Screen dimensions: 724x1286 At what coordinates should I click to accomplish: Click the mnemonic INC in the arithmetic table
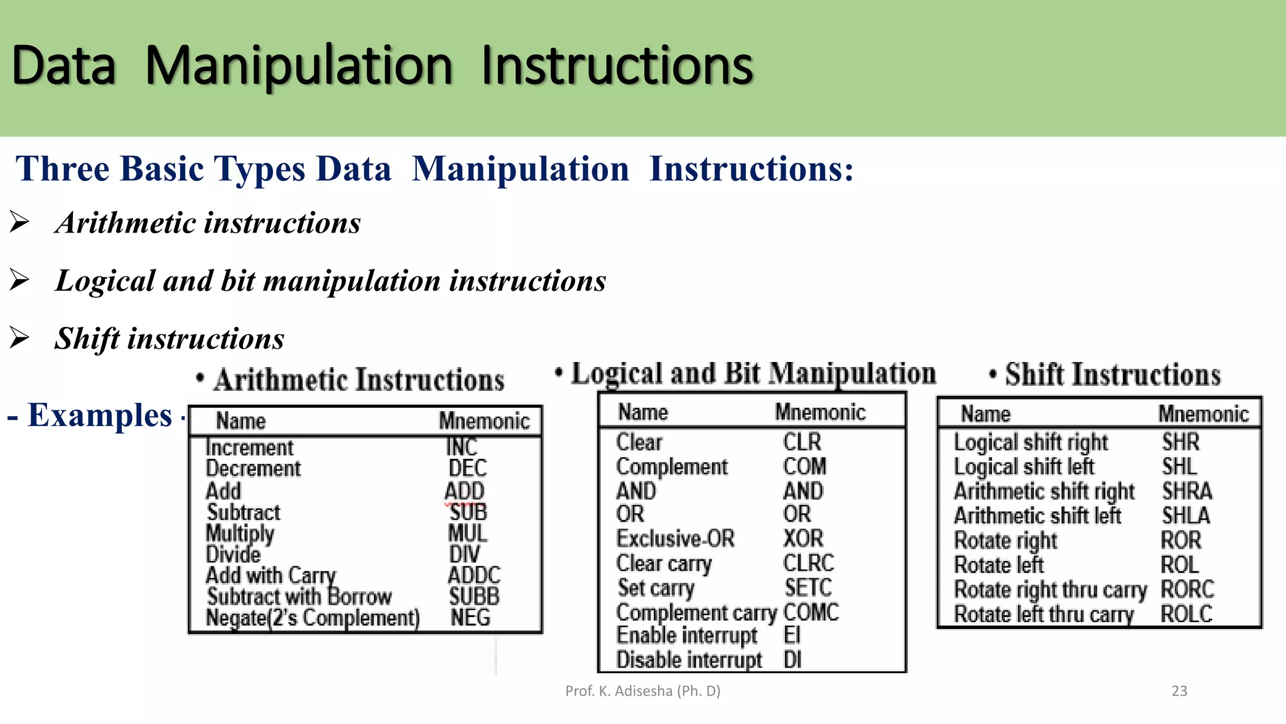462,447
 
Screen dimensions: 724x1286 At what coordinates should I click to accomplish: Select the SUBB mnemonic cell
474,596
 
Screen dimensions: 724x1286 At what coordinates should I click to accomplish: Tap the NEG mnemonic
470,617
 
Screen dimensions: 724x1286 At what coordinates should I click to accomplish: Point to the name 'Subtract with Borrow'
299,596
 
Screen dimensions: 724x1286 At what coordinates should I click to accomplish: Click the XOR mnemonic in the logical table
803,539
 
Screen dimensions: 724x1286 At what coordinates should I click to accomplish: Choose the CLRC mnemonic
808,562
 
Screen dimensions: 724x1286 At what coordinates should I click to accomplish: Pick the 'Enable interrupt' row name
687,635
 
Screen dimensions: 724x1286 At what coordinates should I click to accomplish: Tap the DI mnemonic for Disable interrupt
792,660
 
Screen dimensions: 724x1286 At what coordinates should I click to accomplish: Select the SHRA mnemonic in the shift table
1187,491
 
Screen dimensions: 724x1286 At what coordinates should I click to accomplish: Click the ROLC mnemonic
1186,614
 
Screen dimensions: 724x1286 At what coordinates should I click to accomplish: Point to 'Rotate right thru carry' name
1050,590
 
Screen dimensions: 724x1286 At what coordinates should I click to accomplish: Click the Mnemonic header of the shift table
1203,414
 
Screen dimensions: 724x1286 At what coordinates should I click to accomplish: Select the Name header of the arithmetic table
240,420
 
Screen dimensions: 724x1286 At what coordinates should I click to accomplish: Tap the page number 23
1179,691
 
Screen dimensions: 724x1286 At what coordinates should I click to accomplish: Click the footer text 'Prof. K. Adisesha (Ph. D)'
642,691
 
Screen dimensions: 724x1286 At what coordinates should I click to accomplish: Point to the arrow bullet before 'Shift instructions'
19,337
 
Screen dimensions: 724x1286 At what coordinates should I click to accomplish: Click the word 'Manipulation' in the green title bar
299,65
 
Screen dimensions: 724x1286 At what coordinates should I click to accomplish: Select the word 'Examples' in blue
100,415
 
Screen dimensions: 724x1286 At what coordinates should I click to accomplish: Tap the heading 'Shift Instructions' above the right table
1112,375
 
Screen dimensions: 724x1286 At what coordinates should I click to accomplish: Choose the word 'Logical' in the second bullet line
105,280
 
